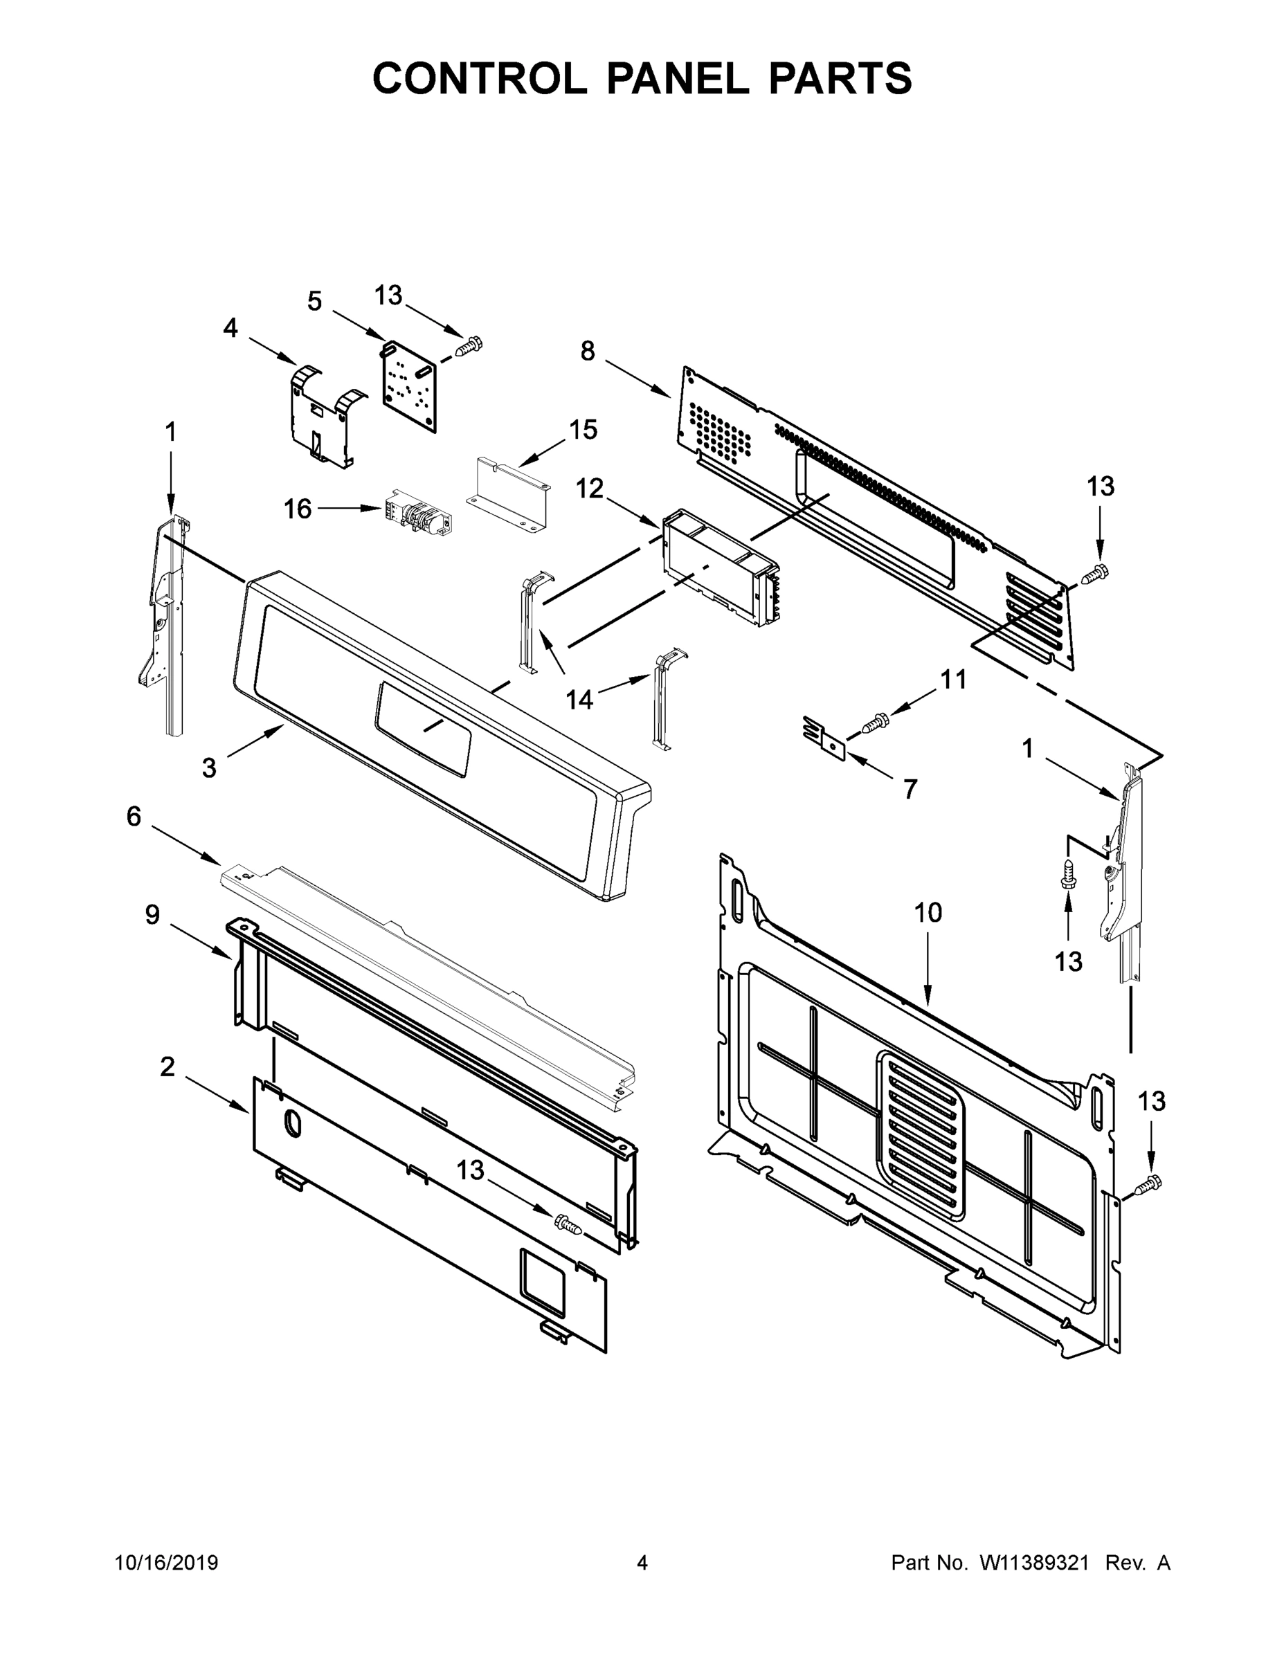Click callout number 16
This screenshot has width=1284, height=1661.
click(298, 509)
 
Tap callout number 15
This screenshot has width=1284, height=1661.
click(583, 430)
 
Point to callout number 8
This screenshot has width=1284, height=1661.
click(587, 352)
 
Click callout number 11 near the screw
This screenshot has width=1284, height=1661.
click(953, 679)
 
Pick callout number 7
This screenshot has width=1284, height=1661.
click(910, 790)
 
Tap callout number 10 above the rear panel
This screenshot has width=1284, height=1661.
click(928, 913)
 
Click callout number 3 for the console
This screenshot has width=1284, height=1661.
click(209, 768)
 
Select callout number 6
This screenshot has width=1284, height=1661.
click(134, 817)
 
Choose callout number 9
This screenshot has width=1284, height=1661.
click(152, 915)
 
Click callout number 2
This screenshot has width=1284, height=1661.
click(168, 1067)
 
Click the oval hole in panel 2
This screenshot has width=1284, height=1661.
click(292, 1123)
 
